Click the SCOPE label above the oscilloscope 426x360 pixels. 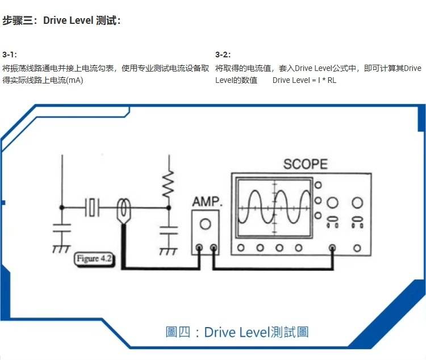click(306, 165)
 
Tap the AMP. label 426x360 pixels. click(207, 202)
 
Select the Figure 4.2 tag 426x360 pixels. click(94, 259)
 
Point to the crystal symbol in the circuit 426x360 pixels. click(92, 207)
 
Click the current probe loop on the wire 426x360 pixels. click(122, 210)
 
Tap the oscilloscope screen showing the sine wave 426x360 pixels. click(274, 207)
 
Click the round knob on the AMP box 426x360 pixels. click(206, 224)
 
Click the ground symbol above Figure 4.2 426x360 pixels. click(58, 248)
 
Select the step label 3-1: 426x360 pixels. click(10, 55)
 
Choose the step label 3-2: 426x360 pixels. click(223, 55)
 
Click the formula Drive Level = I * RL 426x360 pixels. click(304, 80)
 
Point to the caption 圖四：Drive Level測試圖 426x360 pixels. click(237, 332)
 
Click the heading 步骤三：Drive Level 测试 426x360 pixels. click(61, 21)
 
